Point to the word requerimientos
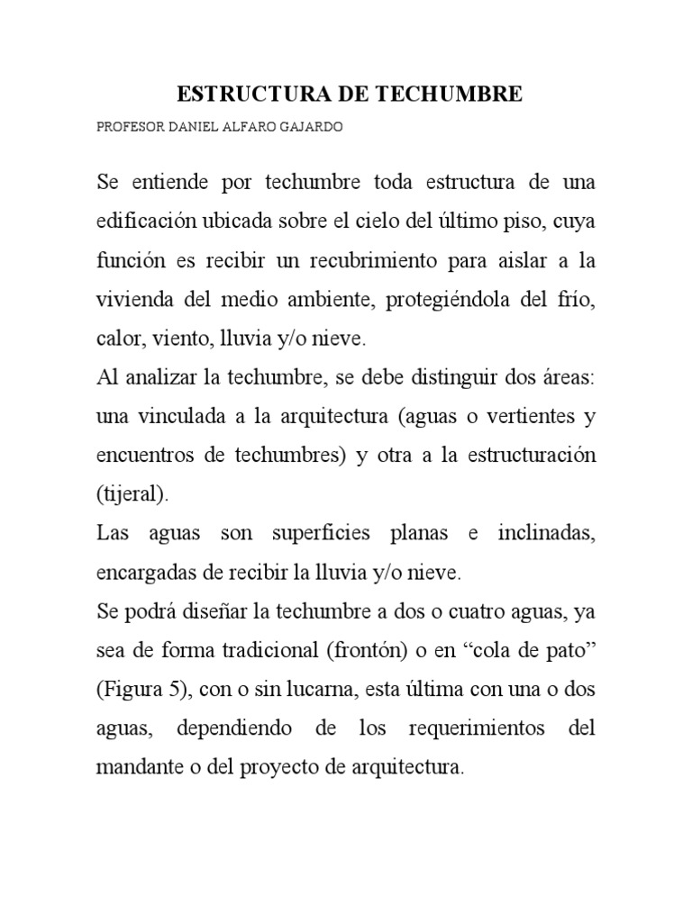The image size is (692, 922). tap(469, 728)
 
